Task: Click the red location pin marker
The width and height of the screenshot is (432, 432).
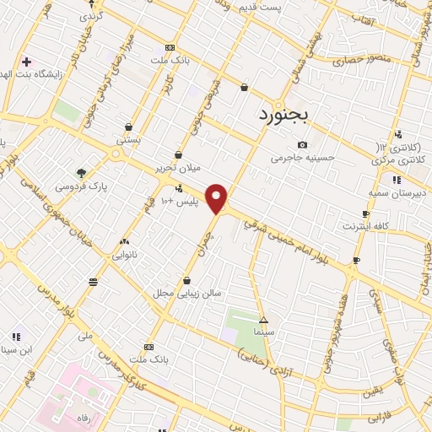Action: (218, 198)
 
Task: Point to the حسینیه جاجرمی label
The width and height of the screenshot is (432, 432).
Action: (302, 157)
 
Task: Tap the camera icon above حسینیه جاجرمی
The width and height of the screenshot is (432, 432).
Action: (302, 144)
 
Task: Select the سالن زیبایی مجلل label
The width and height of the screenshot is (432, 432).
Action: (186, 293)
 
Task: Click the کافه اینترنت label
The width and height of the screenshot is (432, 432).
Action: (364, 227)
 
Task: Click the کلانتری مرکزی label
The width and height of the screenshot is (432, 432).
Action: (399, 159)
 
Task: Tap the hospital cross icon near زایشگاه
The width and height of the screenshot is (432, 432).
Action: (26, 62)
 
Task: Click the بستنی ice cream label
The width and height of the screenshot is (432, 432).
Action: (127, 140)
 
